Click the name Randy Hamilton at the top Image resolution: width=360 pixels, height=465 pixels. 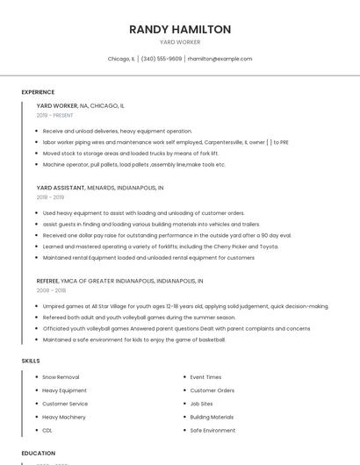click(x=180, y=29)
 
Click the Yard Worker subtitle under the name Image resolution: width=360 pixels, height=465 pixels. click(x=180, y=42)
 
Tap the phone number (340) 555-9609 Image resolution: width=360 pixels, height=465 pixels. click(x=162, y=59)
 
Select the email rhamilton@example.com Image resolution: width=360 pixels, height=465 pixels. click(x=220, y=59)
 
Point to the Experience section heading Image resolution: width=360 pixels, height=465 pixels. click(x=38, y=92)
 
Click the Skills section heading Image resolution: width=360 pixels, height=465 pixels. click(x=31, y=361)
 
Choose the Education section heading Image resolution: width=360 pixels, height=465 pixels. click(x=38, y=454)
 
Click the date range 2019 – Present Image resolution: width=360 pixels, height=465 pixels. click(x=54, y=115)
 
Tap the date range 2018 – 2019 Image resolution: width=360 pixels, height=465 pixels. click(x=50, y=197)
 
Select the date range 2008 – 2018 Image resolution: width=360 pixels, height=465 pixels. click(x=51, y=290)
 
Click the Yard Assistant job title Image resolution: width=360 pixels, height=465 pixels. click(x=60, y=188)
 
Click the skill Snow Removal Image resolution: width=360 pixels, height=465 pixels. click(x=61, y=377)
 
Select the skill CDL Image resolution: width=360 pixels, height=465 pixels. click(x=47, y=431)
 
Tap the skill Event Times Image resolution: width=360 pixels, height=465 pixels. click(x=205, y=377)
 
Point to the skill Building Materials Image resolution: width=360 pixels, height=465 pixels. click(x=212, y=417)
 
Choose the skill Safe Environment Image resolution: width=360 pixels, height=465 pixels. click(x=212, y=431)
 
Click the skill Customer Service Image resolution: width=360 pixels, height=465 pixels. click(x=65, y=404)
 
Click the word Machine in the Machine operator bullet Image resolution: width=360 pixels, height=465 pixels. click(x=54, y=164)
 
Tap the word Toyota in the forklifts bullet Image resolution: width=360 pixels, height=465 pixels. click(x=269, y=247)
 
